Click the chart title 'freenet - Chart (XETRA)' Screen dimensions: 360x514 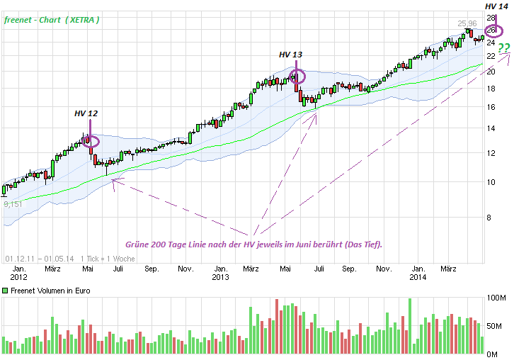point(52,20)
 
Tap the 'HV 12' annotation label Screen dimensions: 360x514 point(86,113)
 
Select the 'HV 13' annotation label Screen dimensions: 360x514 point(290,55)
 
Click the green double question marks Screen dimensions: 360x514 point(503,48)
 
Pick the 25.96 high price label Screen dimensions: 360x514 point(467,23)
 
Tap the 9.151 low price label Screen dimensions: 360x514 point(13,204)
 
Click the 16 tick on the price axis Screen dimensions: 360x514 point(491,107)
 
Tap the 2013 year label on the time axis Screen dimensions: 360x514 point(220,278)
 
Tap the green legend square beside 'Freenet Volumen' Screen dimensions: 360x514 point(5,291)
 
